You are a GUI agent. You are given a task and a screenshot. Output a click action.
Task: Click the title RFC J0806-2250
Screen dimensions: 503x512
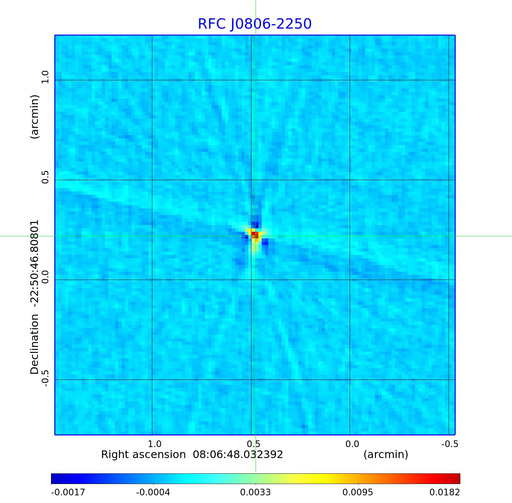pos(255,24)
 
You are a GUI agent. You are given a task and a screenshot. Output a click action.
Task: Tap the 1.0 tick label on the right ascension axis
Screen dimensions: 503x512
pos(155,444)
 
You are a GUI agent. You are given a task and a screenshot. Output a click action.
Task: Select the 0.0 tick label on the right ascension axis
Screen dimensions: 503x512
pos(352,444)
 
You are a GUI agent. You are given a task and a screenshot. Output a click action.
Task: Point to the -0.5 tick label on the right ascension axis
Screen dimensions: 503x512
pos(450,444)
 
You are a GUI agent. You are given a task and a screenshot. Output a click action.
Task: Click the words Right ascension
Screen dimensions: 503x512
pos(143,454)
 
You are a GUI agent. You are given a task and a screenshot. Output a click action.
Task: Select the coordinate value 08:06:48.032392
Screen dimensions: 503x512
pos(238,454)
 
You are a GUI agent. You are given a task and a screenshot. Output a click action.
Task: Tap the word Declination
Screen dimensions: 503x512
pos(35,345)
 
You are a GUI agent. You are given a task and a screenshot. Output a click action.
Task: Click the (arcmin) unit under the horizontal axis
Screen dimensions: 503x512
pos(386,454)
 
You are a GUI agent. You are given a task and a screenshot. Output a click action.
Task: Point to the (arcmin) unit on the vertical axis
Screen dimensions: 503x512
pos(35,117)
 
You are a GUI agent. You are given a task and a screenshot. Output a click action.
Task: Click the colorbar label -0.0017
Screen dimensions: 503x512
pos(68,492)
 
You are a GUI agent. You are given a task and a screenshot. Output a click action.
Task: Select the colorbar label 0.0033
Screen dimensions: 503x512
pos(255,492)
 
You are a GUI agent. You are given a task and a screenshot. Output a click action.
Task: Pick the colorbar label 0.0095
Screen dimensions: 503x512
pos(358,492)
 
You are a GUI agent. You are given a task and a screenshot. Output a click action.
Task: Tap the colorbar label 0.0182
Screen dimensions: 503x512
pos(444,492)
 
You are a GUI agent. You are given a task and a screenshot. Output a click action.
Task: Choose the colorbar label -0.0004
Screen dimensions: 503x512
pos(153,492)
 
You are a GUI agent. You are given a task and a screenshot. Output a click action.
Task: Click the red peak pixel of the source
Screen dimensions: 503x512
pos(254,234)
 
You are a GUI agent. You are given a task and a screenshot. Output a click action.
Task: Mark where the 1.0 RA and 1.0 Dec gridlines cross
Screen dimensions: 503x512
pos(152,80)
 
